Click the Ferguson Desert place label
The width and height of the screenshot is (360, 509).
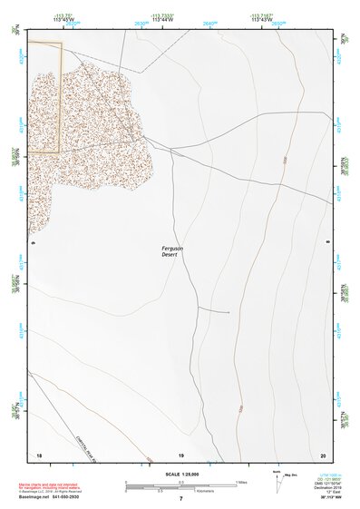pyautogui.click(x=172, y=250)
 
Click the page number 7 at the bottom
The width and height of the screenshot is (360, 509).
pyautogui.click(x=181, y=498)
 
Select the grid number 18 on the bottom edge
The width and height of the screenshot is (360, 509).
pyautogui.click(x=38, y=454)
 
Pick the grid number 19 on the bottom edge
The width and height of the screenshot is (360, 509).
pyautogui.click(x=181, y=454)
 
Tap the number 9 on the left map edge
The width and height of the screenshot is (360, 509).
pyautogui.click(x=33, y=243)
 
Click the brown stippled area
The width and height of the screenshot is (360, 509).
pyautogui.click(x=82, y=127)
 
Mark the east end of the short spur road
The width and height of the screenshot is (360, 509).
pyautogui.click(x=229, y=312)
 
